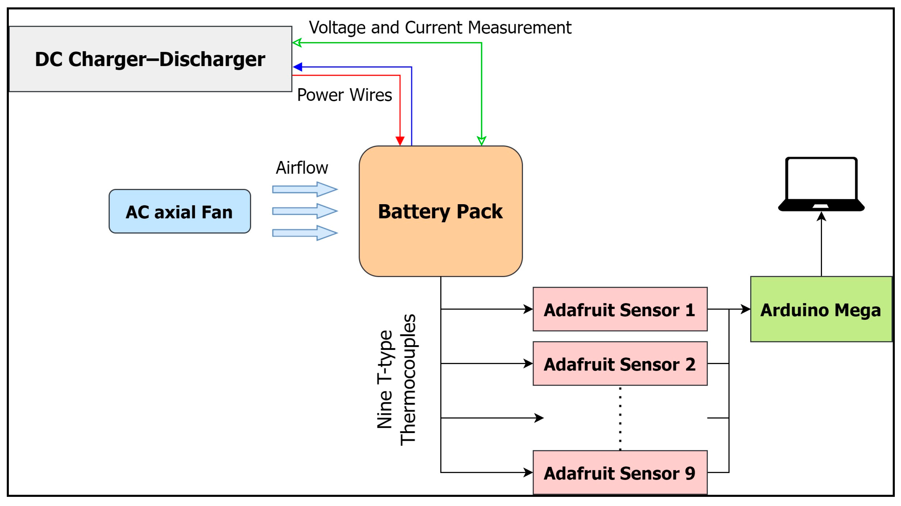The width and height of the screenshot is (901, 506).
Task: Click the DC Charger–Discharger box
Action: (150, 59)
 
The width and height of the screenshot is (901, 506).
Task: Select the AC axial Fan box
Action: (180, 211)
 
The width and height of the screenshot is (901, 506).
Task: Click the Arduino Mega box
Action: (821, 309)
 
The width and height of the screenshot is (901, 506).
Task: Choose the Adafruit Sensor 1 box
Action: (620, 309)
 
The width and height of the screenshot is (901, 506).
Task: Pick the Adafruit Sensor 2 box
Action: (620, 364)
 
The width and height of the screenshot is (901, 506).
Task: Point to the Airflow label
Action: (302, 168)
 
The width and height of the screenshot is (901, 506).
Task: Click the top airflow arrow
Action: (305, 189)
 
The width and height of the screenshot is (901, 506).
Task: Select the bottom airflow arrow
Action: (305, 233)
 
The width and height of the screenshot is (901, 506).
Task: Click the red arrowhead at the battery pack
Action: (400, 141)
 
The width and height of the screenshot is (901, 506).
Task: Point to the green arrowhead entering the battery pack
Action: (482, 141)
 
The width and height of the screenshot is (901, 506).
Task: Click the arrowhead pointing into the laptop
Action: (821, 217)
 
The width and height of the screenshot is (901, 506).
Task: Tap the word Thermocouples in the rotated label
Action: (408, 380)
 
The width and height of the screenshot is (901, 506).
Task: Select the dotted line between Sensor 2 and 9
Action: (620, 418)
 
